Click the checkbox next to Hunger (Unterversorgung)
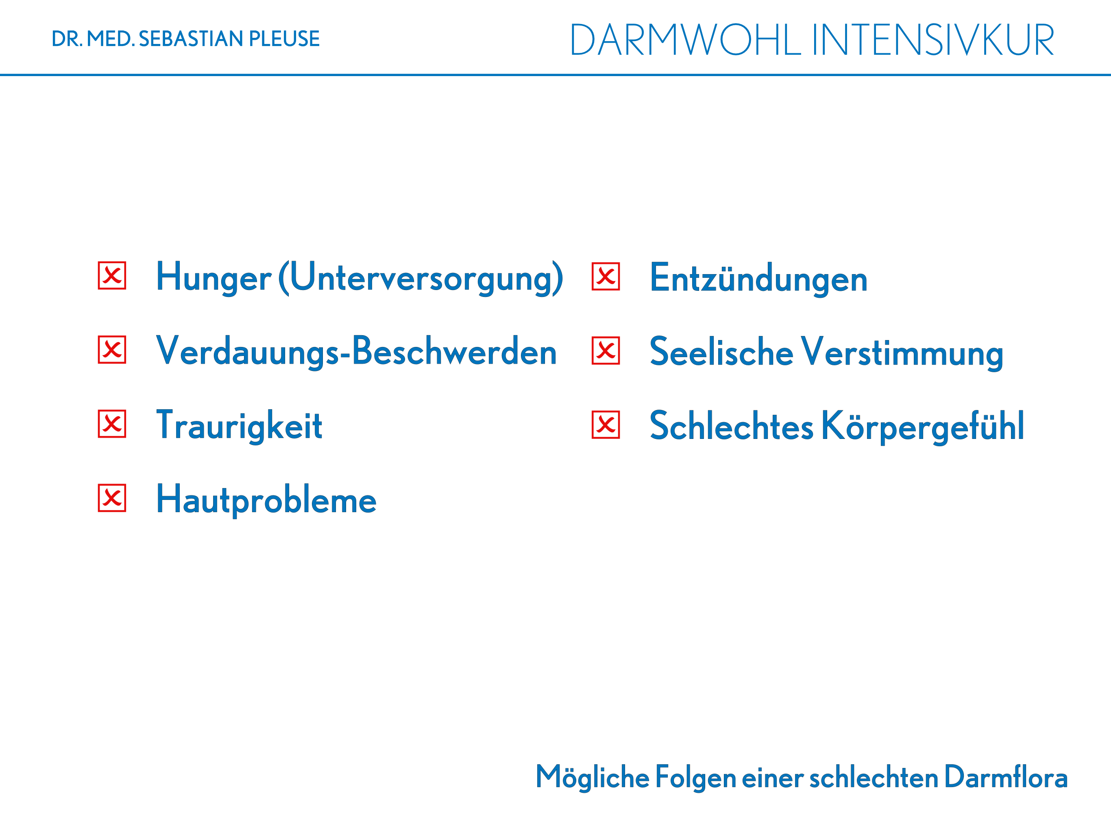[x=112, y=275]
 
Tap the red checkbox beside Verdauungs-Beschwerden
[x=112, y=350]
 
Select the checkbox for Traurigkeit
[x=112, y=424]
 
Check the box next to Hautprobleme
[x=112, y=498]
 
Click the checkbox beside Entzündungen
[x=606, y=276]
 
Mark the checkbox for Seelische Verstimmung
[x=606, y=351]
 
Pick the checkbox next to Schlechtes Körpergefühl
[x=606, y=425]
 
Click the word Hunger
[x=214, y=278]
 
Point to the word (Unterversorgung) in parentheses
[x=421, y=278]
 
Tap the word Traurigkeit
[x=239, y=426]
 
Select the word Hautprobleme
[x=266, y=499]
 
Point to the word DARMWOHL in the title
[x=685, y=40]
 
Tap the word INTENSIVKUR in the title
[x=933, y=40]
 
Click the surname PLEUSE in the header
[x=284, y=39]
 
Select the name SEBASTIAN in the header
[x=191, y=39]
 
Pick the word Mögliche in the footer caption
[x=593, y=778]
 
